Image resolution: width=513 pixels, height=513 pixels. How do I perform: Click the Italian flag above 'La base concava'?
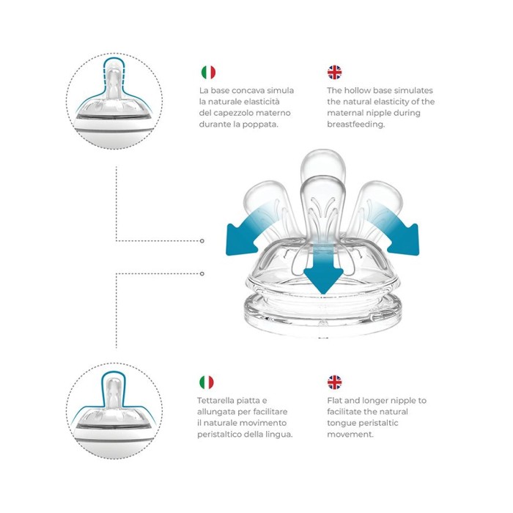208,73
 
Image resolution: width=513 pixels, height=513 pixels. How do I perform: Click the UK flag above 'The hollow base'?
334,73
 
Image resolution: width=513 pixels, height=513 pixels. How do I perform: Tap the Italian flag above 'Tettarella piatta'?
207,382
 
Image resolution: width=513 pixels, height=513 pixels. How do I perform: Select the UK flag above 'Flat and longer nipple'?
334,382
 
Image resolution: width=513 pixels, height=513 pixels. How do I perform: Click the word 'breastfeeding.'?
356,125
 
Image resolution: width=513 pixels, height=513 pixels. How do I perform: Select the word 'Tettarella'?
215,400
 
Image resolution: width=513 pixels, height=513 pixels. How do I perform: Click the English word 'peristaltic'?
379,423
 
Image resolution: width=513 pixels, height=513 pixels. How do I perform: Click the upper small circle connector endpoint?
202,241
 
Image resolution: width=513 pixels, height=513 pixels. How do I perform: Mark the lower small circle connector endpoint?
202,273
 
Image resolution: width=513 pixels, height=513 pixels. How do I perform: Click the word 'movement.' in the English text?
350,435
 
